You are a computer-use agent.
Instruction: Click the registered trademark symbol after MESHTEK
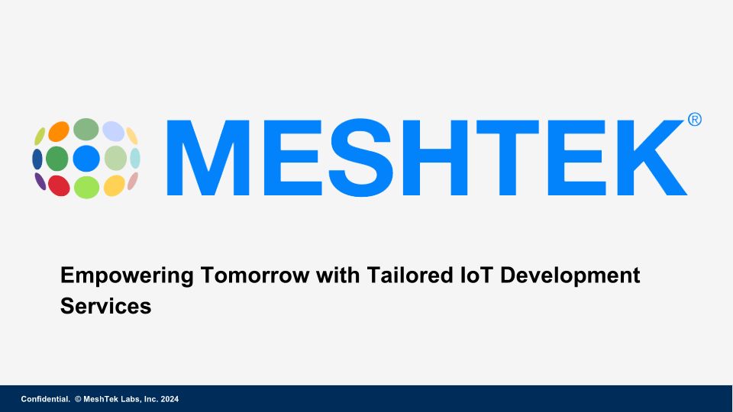[x=695, y=120]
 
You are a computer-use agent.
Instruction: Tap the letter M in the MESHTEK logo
[x=208, y=157]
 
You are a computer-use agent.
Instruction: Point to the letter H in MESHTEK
[x=437, y=157]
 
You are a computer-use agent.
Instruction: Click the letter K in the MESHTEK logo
[x=652, y=157]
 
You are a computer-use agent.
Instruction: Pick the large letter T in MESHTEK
[x=508, y=157]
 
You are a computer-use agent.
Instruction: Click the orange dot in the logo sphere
[x=59, y=131]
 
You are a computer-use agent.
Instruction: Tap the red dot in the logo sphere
[x=59, y=186]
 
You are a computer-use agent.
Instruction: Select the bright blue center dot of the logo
[x=86, y=159]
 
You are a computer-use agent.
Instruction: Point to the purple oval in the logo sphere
[x=40, y=182]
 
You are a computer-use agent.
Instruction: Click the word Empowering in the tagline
[x=127, y=275]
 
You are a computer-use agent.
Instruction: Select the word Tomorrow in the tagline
[x=255, y=275]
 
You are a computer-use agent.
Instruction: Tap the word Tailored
[x=410, y=275]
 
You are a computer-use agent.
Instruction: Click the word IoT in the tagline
[x=476, y=275]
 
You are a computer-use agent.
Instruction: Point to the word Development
[x=570, y=275]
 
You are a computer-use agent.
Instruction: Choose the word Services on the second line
[x=105, y=306]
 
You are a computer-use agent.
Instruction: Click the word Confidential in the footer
[x=45, y=399]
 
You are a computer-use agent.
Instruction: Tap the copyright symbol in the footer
[x=78, y=399]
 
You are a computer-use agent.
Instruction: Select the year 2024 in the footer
[x=170, y=399]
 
